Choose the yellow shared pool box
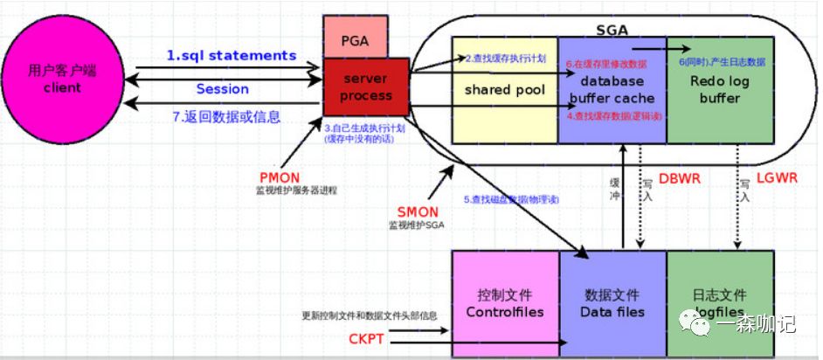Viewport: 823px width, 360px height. point(504,90)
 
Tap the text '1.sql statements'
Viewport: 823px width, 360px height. point(232,55)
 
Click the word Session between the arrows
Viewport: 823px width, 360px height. point(222,88)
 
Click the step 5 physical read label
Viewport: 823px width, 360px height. point(511,199)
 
